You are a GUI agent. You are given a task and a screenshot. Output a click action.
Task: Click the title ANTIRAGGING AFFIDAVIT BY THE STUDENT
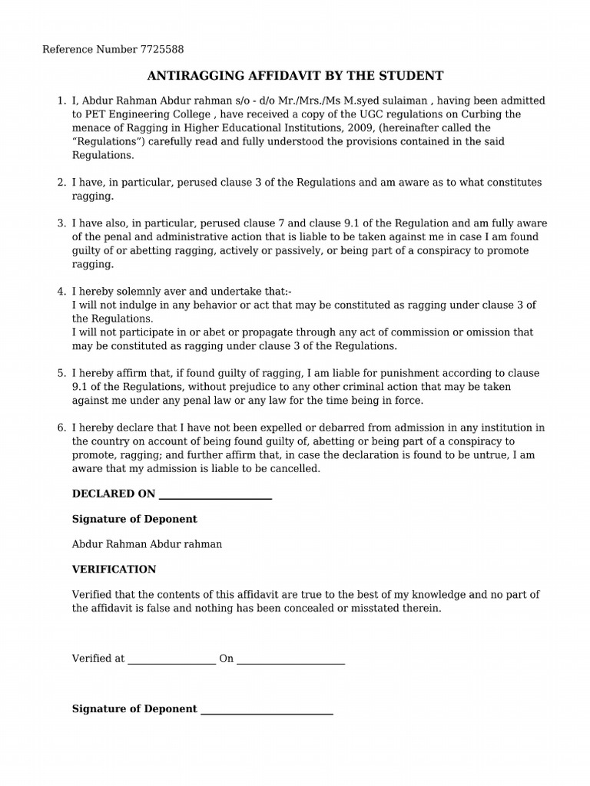pos(295,75)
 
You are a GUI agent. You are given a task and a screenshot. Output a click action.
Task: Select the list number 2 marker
pos(61,183)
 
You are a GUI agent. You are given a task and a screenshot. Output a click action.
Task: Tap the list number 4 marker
pos(61,292)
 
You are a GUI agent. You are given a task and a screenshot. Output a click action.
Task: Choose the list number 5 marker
pos(61,373)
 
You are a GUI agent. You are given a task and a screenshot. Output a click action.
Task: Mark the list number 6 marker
pos(61,428)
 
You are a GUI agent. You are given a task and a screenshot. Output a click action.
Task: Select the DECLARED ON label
pos(114,494)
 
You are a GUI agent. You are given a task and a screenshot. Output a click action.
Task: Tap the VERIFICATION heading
pos(114,570)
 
